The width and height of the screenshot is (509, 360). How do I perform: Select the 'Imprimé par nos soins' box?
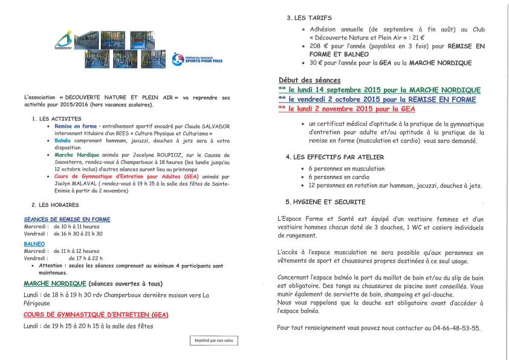214,341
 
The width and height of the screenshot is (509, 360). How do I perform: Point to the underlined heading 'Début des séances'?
310,80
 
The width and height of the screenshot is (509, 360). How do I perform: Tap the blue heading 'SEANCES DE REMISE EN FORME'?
67,219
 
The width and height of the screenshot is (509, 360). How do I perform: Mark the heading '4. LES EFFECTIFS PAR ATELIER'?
336,157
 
